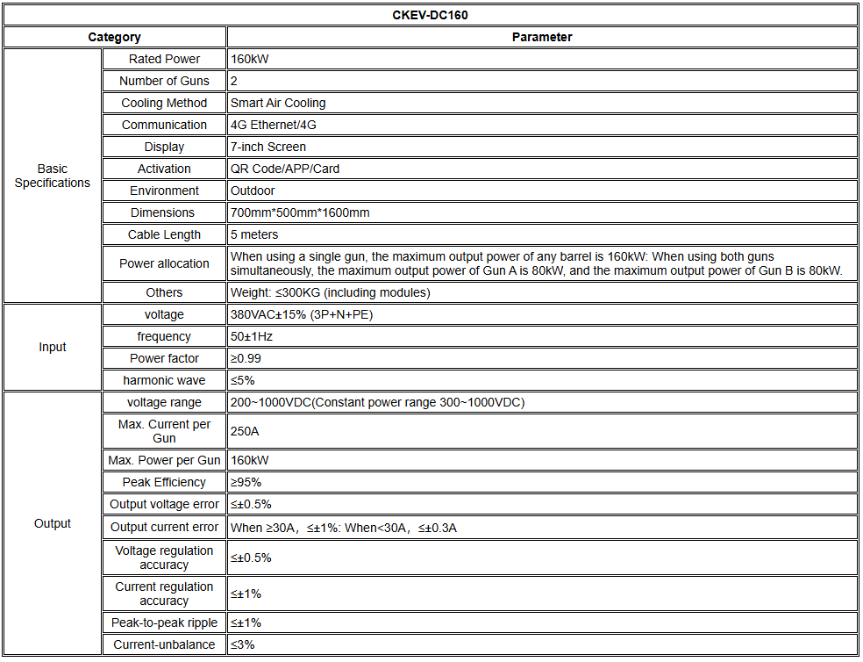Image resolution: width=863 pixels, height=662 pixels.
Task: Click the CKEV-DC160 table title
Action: click(x=430, y=15)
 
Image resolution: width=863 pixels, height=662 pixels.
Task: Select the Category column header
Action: click(x=114, y=37)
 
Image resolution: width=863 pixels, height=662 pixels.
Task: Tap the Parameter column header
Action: click(x=541, y=37)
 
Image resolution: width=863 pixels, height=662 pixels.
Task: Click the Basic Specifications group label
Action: click(x=53, y=176)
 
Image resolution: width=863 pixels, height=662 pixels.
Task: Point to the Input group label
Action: click(x=53, y=347)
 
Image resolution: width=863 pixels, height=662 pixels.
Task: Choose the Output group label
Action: click(x=53, y=523)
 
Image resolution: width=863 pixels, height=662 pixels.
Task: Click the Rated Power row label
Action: click(x=164, y=59)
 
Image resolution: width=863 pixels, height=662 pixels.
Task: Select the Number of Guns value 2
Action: click(x=234, y=81)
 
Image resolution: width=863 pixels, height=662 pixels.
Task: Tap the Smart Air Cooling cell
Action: click(x=278, y=103)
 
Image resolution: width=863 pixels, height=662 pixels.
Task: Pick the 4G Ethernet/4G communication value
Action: click(x=273, y=125)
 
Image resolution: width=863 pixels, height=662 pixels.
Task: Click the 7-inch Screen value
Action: click(x=268, y=147)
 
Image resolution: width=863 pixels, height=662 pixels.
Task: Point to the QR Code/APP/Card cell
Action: click(x=285, y=169)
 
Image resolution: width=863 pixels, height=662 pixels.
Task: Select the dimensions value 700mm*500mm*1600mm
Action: click(x=300, y=212)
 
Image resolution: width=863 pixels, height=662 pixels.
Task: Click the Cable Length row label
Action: click(x=164, y=234)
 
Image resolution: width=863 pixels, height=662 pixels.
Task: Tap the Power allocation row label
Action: click(x=164, y=263)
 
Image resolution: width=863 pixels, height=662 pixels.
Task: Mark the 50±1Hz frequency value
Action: click(x=252, y=336)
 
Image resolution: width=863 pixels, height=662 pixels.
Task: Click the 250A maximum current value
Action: click(x=245, y=431)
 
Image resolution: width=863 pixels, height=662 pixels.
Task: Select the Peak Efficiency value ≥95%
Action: click(x=246, y=482)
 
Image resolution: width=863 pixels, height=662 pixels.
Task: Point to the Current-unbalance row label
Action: click(x=164, y=644)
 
